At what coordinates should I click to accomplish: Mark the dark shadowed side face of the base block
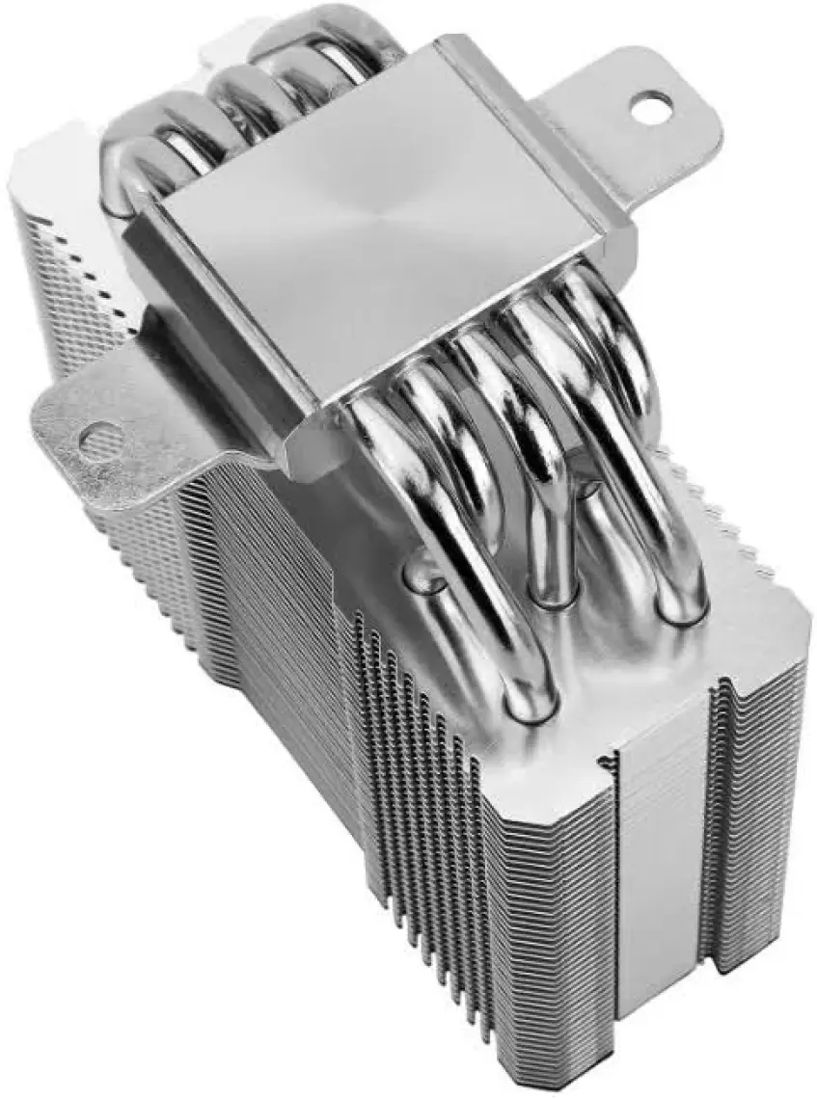click(222, 357)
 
